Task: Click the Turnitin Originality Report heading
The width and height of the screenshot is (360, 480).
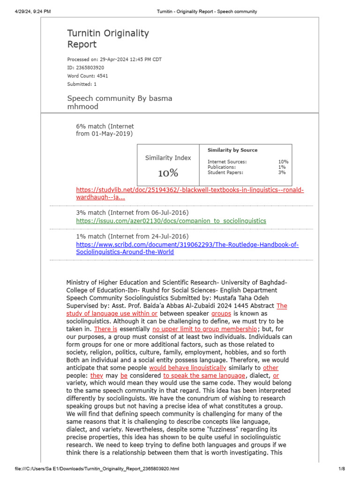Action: pyautogui.click(x=108, y=38)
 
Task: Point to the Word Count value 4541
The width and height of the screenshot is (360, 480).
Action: pyautogui.click(x=102, y=76)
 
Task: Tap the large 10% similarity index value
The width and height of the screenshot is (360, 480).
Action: pyautogui.click(x=168, y=173)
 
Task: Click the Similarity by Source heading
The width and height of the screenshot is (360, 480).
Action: pyautogui.click(x=232, y=150)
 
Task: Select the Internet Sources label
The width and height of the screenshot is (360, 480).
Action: pyautogui.click(x=227, y=162)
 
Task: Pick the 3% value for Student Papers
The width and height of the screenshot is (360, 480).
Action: pyautogui.click(x=283, y=172)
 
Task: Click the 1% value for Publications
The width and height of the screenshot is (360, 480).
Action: pyautogui.click(x=283, y=167)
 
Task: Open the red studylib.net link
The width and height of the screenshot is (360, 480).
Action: pyautogui.click(x=190, y=190)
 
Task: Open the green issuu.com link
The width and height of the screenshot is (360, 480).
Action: pyautogui.click(x=171, y=220)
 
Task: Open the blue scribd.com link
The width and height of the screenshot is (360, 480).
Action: pyautogui.click(x=187, y=245)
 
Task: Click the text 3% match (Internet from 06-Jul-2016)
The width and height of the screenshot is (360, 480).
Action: pyautogui.click(x=132, y=213)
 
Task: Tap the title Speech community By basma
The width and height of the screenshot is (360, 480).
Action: pyautogui.click(x=120, y=98)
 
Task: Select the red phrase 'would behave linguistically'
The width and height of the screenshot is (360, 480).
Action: pyautogui.click(x=187, y=368)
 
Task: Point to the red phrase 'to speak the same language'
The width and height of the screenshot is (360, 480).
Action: pyautogui.click(x=204, y=375)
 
